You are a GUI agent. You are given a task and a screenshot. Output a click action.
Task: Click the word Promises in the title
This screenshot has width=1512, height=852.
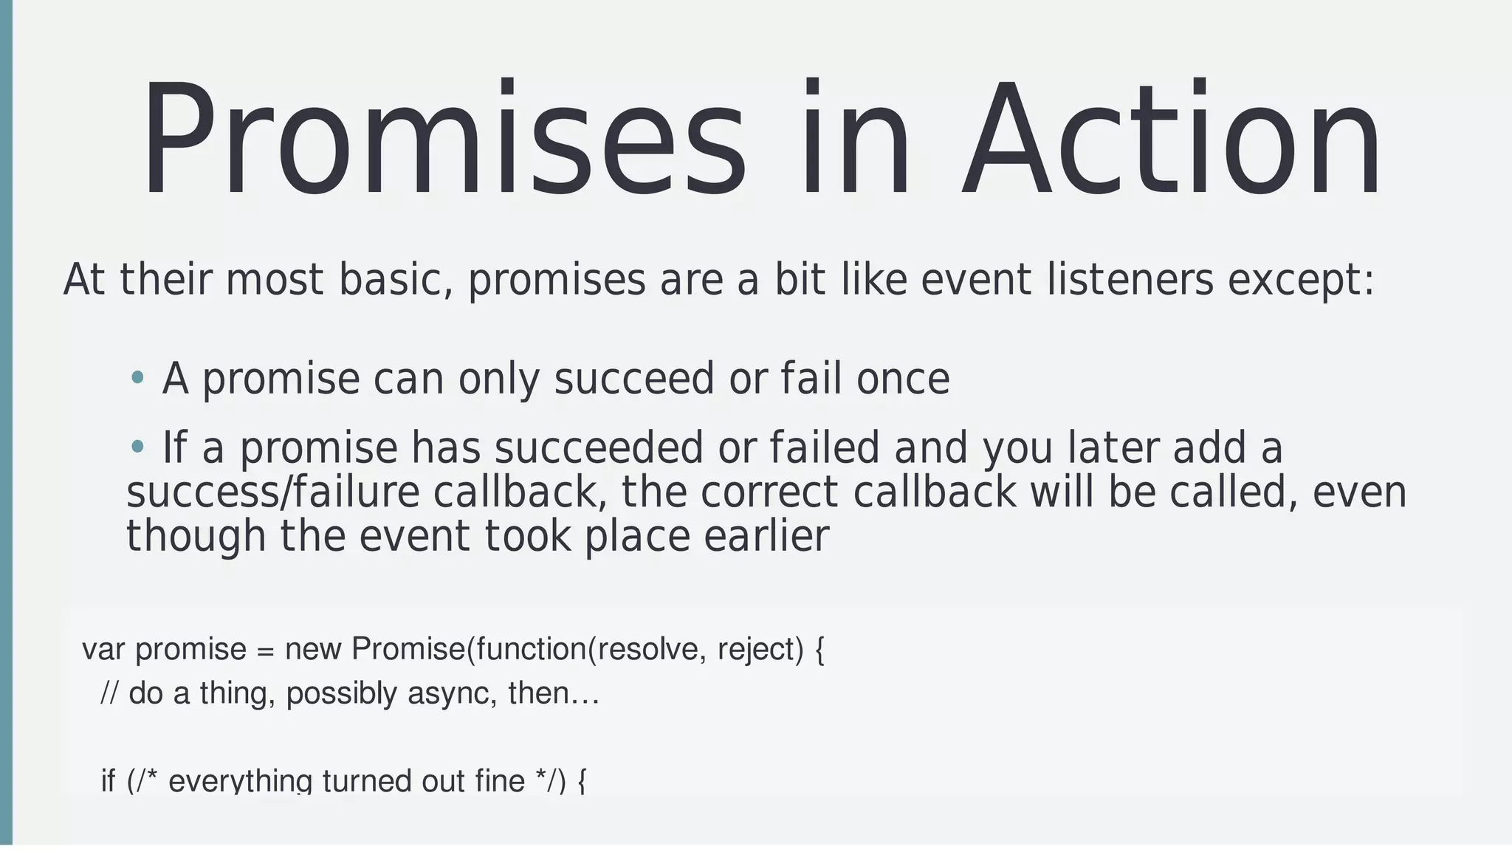pyautogui.click(x=443, y=140)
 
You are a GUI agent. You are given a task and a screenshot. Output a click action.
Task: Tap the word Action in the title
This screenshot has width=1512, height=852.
pyautogui.click(x=1170, y=140)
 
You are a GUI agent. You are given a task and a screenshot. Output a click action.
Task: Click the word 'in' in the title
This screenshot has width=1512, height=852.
pyautogui.click(x=856, y=140)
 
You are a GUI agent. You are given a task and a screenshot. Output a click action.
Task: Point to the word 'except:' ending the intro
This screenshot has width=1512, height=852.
pyautogui.click(x=1301, y=281)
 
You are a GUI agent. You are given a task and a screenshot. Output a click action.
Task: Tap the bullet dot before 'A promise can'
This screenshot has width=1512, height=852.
pyautogui.click(x=137, y=378)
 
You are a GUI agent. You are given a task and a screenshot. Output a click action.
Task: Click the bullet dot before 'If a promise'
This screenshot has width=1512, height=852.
pyautogui.click(x=137, y=446)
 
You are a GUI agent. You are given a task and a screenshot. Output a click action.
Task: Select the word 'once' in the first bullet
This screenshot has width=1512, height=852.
pyautogui.click(x=902, y=379)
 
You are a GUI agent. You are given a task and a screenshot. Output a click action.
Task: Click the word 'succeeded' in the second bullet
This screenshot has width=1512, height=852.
pyautogui.click(x=599, y=447)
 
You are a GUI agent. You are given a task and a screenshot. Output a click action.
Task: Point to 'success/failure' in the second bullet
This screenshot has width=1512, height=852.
pyautogui.click(x=272, y=492)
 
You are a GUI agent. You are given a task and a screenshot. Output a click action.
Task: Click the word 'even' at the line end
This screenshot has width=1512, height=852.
pyautogui.click(x=1359, y=492)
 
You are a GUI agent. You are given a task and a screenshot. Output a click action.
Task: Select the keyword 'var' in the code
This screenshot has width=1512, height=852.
pyautogui.click(x=103, y=650)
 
